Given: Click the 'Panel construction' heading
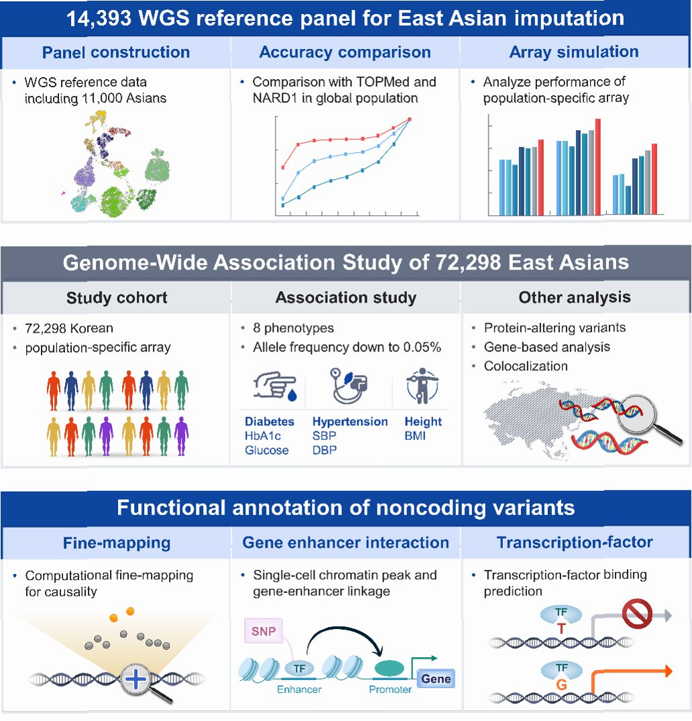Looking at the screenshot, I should pos(116,52).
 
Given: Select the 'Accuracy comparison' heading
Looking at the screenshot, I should pos(345,52).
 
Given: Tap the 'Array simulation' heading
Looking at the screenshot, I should pos(574,52).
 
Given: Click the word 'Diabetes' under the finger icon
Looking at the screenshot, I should pos(270,422).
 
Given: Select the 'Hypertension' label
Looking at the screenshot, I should pos(350,422).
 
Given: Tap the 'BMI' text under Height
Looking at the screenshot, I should pos(416,437).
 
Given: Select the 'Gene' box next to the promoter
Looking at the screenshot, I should pos(435,679).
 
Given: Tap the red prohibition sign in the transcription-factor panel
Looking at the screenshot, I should pos(637,614).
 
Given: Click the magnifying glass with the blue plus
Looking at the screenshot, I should pos(139,680).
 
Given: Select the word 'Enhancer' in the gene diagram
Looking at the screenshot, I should pos(300,689).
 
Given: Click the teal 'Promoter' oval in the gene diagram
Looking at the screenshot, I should pos(390,668).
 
